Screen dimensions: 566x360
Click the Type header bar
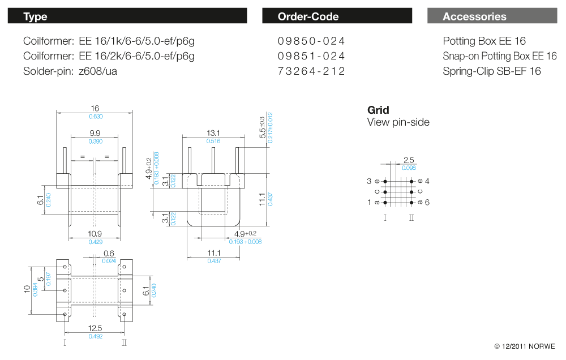(127, 16)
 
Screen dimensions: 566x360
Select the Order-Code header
(337, 16)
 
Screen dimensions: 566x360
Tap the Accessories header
(492, 16)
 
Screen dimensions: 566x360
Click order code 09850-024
(311, 41)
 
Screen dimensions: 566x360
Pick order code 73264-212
(311, 71)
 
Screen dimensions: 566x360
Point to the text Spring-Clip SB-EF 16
(492, 71)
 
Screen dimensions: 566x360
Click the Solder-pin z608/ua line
(70, 71)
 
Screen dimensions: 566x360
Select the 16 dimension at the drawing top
(95, 108)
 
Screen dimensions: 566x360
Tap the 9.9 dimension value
(95, 133)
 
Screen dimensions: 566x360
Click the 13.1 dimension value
(213, 133)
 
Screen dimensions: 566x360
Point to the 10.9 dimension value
(95, 234)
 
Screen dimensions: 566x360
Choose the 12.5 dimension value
(95, 328)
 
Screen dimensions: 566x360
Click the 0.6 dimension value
(109, 254)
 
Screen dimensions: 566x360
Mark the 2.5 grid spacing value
(409, 160)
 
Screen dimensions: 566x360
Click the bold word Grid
(378, 110)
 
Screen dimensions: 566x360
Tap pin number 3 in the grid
(369, 181)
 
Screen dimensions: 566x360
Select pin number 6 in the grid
(427, 202)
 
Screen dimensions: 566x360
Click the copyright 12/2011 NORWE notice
(525, 346)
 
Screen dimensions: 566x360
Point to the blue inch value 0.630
(96, 117)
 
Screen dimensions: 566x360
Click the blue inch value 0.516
(213, 141)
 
